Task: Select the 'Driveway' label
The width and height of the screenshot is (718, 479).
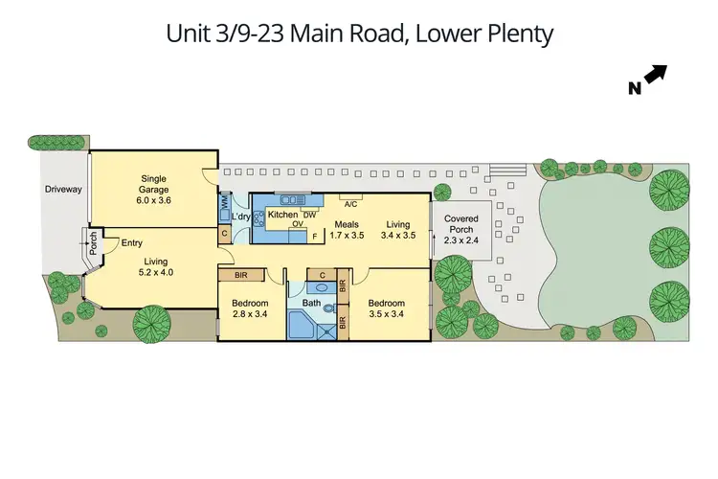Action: click(63, 190)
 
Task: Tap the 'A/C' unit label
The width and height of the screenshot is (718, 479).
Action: click(350, 204)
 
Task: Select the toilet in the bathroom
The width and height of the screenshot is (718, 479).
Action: click(328, 309)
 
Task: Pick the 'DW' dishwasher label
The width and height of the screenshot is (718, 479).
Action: click(309, 215)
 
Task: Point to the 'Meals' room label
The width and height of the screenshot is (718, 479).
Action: click(346, 223)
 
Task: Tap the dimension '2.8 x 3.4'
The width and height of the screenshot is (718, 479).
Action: click(251, 314)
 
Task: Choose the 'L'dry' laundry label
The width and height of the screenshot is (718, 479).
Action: click(240, 216)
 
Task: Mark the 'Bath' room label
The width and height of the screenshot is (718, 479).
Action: click(311, 304)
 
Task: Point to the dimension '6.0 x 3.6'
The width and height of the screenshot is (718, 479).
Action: click(153, 199)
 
